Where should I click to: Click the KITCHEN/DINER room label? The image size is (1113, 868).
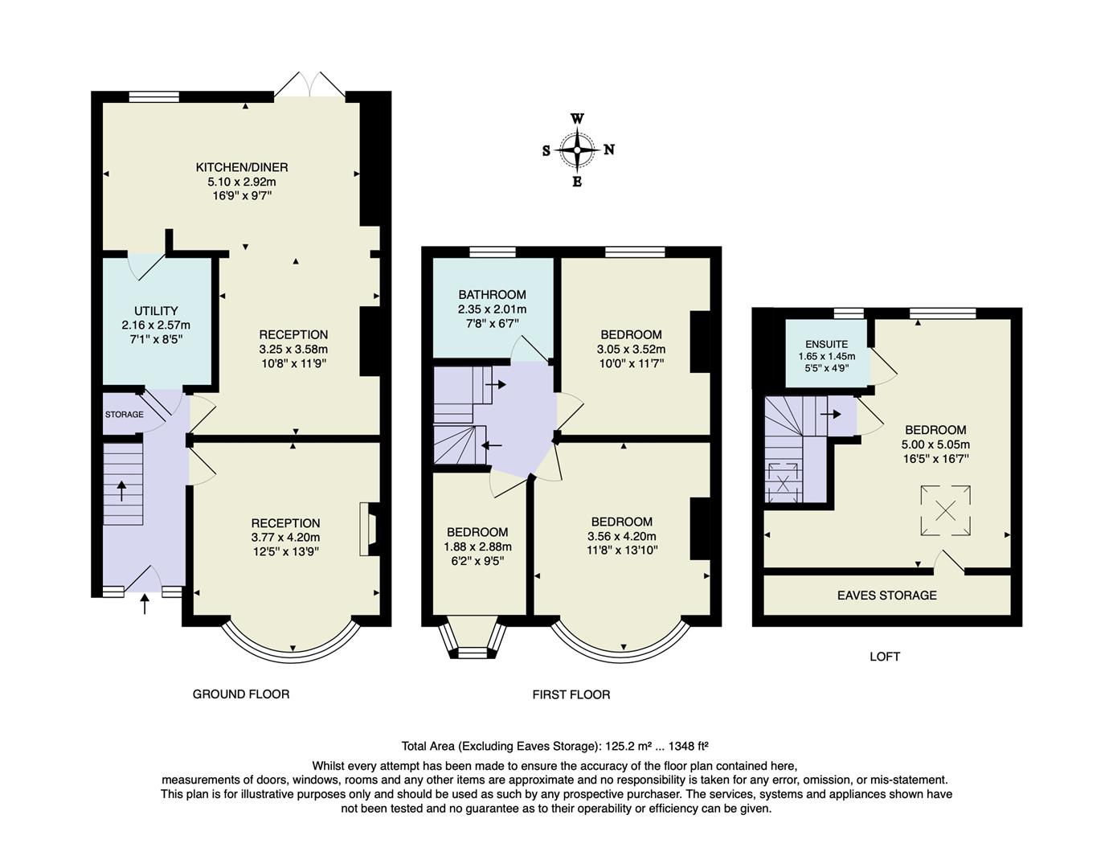[x=242, y=167]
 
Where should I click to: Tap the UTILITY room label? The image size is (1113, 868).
[x=156, y=311]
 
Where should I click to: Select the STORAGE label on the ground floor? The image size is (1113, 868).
[x=125, y=415]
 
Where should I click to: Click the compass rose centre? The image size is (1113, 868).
[x=577, y=149]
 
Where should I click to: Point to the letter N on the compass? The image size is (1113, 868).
[x=609, y=149]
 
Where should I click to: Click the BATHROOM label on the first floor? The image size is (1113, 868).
[x=492, y=295]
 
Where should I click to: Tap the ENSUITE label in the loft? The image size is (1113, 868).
[x=826, y=344]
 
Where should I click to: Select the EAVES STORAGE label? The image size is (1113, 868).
[x=886, y=596]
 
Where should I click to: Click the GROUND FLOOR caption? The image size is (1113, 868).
[x=240, y=694]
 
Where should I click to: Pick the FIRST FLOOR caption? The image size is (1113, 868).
[x=571, y=694]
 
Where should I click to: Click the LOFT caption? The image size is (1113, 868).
[x=884, y=657]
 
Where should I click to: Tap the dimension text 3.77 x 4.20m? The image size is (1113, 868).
[x=285, y=537]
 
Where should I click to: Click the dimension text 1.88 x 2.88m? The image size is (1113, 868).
[x=477, y=547]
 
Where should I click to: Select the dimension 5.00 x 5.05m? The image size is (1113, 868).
[x=935, y=444]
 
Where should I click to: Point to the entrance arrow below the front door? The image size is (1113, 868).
[x=145, y=604]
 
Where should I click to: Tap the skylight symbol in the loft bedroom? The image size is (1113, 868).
[x=946, y=510]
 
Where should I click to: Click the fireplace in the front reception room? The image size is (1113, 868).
[x=371, y=530]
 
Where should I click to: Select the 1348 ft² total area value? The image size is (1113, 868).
[x=681, y=745]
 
